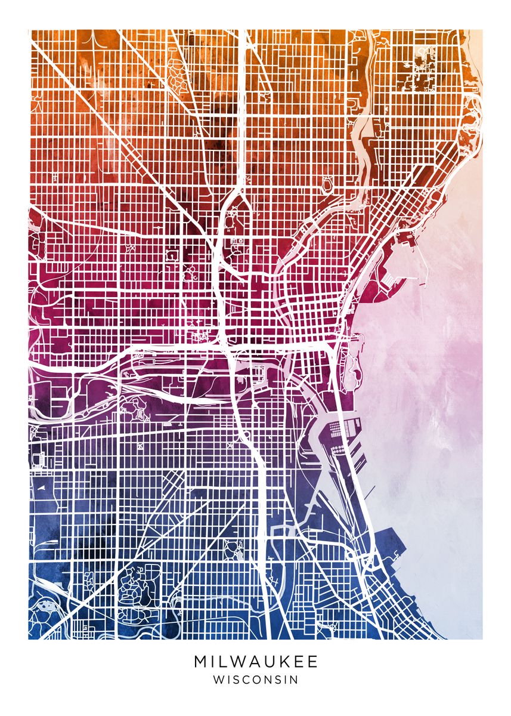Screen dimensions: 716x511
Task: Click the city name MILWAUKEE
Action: tap(255, 662)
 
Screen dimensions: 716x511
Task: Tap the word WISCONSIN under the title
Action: tap(255, 679)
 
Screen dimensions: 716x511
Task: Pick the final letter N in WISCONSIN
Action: tap(294, 679)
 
